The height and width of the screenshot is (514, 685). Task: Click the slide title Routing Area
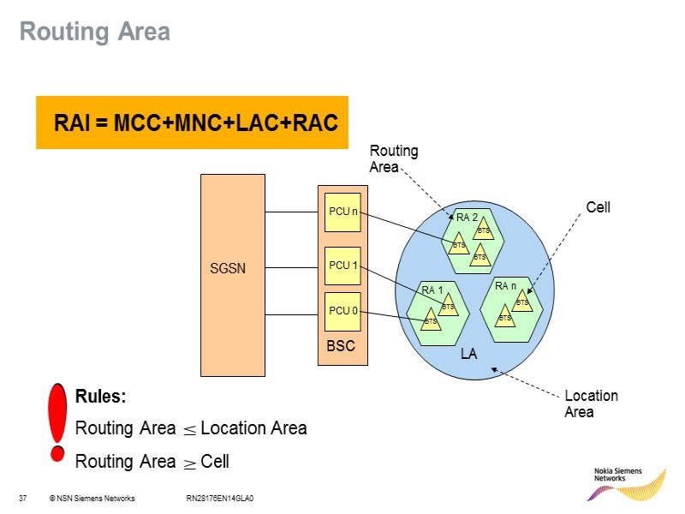pyautogui.click(x=95, y=33)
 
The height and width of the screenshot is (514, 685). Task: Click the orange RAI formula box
pyautogui.click(x=192, y=123)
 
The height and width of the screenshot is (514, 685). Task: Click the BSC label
pyautogui.click(x=341, y=347)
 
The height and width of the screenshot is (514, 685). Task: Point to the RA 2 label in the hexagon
pyautogui.click(x=467, y=218)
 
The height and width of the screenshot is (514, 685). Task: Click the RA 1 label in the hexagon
pyautogui.click(x=432, y=290)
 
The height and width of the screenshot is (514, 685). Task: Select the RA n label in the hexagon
pyautogui.click(x=506, y=285)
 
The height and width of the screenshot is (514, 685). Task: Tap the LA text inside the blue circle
pyautogui.click(x=468, y=353)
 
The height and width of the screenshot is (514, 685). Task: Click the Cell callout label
pyautogui.click(x=598, y=207)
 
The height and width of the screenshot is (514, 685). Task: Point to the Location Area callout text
pyautogui.click(x=591, y=403)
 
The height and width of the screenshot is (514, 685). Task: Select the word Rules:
pyautogui.click(x=101, y=397)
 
